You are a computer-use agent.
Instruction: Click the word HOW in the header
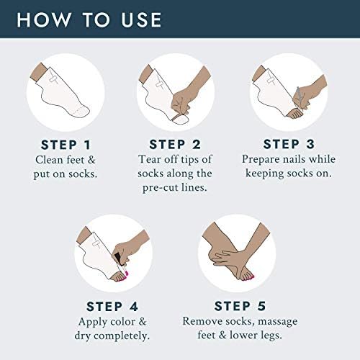pos(44,19)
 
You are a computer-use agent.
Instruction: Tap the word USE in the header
pos(141,19)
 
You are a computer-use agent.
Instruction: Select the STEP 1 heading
pos(66,145)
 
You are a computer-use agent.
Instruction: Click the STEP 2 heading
pos(175,145)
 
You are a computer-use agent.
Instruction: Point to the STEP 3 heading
pos(289,144)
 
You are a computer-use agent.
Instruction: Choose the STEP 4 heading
pos(112,307)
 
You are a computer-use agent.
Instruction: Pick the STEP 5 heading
pos(240,306)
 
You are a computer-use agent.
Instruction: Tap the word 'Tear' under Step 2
pos(150,159)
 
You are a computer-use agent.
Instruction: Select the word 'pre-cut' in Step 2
pos(160,187)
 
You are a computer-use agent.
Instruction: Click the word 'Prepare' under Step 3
pos(260,159)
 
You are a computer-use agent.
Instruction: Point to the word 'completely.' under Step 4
pos(122,336)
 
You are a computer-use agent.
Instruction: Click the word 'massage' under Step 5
pos(278,322)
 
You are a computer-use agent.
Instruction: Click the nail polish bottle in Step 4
pos(118,259)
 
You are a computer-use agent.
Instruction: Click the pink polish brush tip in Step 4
pos(127,273)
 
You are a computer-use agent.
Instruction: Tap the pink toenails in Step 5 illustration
pos(248,279)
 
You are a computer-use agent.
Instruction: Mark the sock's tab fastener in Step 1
pos(53,78)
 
